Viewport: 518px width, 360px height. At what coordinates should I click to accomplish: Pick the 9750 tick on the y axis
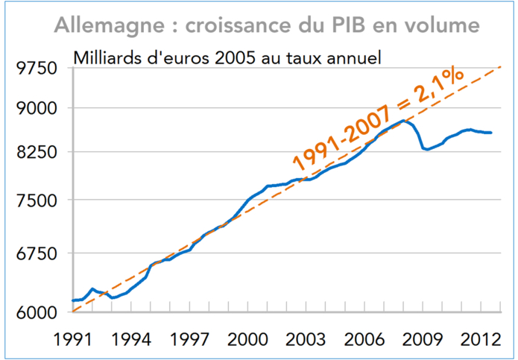click(35, 69)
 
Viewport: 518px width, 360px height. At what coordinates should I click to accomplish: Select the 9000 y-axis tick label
click(35, 109)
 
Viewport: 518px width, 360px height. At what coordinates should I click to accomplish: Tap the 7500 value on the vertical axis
click(35, 200)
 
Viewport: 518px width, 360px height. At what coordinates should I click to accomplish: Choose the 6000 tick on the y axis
click(35, 312)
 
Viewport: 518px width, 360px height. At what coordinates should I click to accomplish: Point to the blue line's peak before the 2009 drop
click(402, 121)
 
